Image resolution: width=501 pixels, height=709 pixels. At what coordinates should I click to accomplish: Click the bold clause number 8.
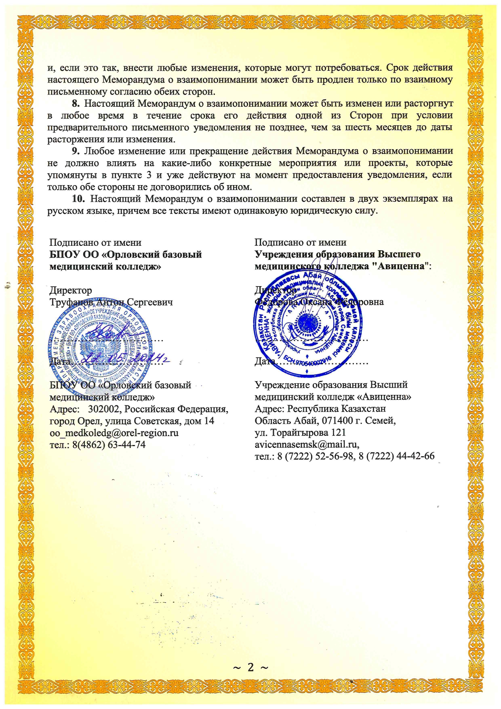tap(75, 103)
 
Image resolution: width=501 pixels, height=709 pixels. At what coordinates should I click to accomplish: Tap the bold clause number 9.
tap(75, 151)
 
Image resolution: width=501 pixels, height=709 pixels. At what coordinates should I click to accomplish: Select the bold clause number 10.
tap(78, 199)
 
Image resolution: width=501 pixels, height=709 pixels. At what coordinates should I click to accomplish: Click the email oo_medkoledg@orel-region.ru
tap(114, 433)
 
